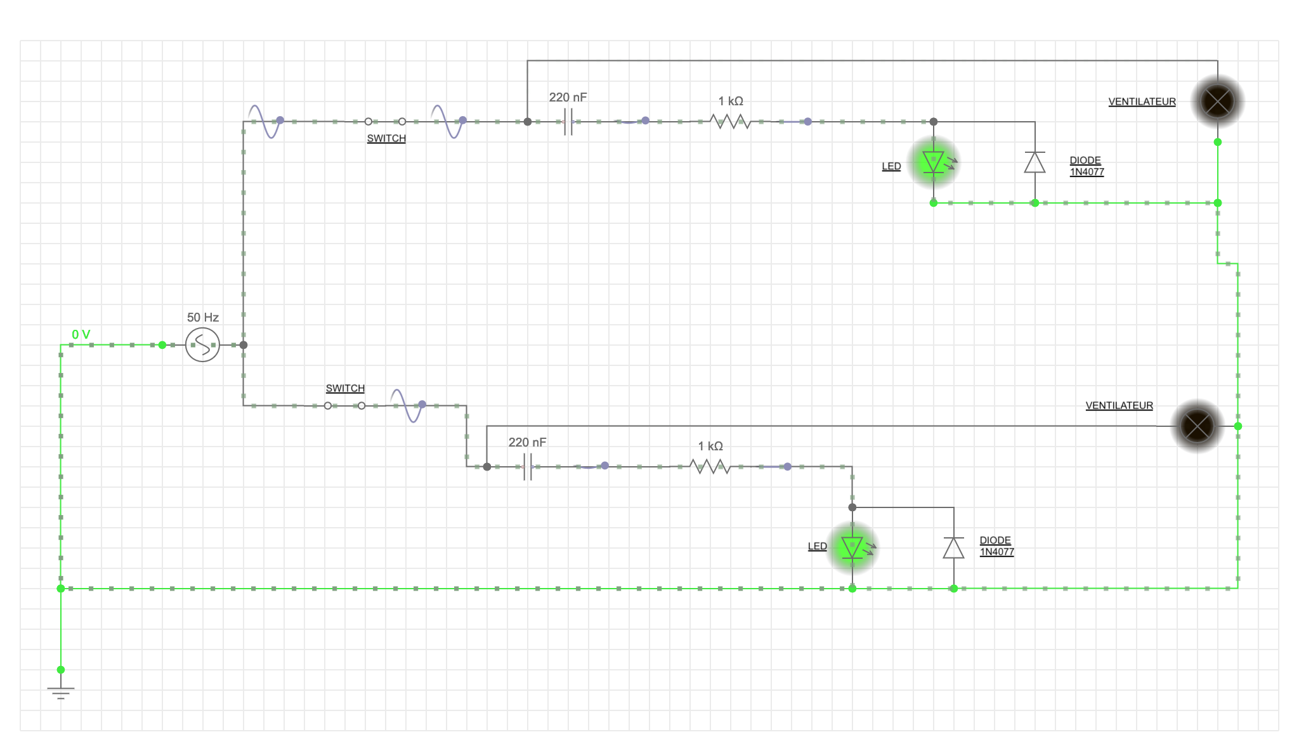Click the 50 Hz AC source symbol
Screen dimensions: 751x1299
coord(202,345)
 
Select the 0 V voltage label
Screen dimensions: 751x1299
coord(81,334)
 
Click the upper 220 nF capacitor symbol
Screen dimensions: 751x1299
coord(568,121)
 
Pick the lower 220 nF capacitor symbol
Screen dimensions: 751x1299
coord(527,467)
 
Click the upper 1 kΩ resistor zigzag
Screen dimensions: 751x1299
coord(731,121)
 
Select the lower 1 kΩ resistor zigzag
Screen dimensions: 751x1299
coord(710,467)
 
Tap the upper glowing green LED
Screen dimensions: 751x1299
coord(934,162)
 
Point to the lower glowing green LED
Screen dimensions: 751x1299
coord(852,547)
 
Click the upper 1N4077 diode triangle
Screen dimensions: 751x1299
coord(1035,162)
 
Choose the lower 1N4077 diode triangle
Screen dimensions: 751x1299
coord(953,547)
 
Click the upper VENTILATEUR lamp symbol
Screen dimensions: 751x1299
coord(1217,101)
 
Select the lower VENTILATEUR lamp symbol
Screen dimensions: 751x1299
coord(1197,426)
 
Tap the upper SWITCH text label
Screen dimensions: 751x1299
coord(386,138)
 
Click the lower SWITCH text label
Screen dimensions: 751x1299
coord(345,388)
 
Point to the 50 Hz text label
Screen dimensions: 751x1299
coord(203,317)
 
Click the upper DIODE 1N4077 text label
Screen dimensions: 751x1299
coord(1087,166)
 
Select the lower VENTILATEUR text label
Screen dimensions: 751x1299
coord(1119,405)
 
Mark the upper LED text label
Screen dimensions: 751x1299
coord(891,166)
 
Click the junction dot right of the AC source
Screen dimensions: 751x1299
coord(244,345)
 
